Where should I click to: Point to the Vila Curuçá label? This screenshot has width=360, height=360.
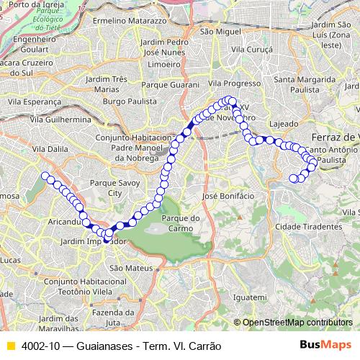coord(251,49)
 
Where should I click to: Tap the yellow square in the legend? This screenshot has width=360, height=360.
coord(10,345)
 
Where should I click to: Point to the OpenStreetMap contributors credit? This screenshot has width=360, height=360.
coord(297,323)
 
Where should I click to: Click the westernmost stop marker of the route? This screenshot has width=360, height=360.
coord(45,176)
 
